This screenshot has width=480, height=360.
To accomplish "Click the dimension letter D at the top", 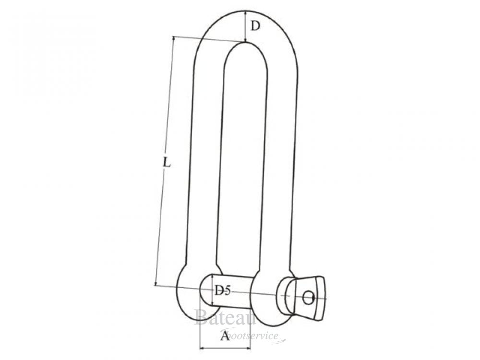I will pos(255,26).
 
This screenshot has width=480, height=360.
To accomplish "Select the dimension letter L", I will pos(166,163).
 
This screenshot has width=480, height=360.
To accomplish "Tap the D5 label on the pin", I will pos(223,290).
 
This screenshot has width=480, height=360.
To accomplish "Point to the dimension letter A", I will pos(225,336).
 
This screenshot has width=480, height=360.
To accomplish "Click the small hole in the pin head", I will pos(308,298).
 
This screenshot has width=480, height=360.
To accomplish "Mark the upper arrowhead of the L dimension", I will pos(173,38).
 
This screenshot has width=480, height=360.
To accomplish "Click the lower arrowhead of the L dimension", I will pos(156,283).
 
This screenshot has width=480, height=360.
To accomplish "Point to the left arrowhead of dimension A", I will pos(201,348).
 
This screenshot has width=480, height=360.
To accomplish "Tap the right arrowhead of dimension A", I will pos(249,348).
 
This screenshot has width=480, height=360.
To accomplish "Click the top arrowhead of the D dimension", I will pos(245,12).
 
